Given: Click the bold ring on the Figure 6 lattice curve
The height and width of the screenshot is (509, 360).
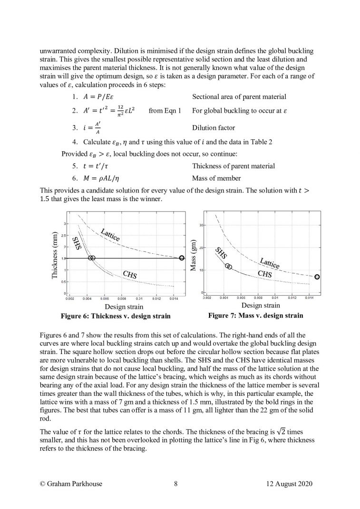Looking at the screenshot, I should (182, 258).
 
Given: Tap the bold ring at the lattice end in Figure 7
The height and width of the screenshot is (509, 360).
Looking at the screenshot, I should (317, 277).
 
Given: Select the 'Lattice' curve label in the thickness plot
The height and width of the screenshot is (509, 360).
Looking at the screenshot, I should (110, 234).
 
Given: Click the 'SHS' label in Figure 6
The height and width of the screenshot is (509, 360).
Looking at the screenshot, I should (76, 243).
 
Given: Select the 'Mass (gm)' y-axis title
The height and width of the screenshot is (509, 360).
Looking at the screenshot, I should (194, 255).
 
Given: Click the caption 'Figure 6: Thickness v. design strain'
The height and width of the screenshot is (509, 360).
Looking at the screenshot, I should (113, 316).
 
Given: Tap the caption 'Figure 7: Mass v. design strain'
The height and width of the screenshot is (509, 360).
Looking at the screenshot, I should (255, 315).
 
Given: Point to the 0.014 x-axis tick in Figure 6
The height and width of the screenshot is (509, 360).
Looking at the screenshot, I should (174, 298).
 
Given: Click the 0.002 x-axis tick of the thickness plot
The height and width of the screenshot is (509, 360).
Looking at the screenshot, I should (69, 298).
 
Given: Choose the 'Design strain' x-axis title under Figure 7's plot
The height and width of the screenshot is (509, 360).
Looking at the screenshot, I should (261, 306).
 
